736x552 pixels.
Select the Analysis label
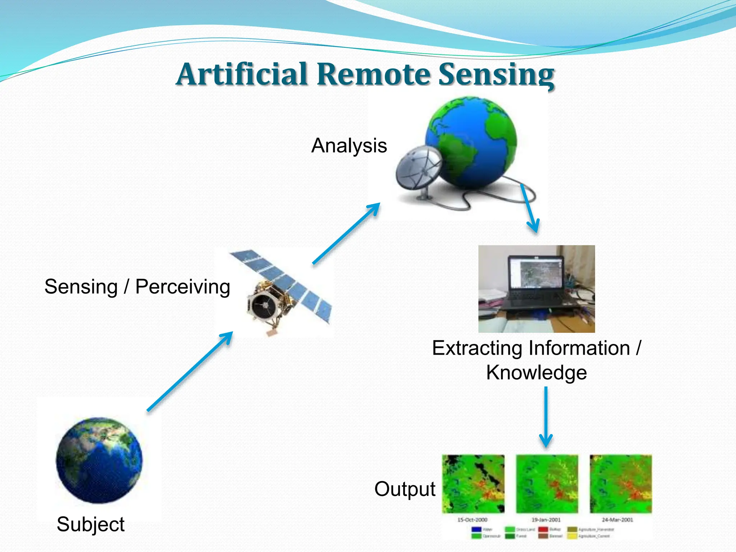pyautogui.click(x=349, y=146)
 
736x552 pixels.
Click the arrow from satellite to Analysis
pyautogui.click(x=346, y=234)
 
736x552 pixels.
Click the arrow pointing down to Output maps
pyautogui.click(x=546, y=417)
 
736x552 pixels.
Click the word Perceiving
pyautogui.click(x=183, y=287)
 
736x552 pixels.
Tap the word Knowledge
pyautogui.click(x=536, y=372)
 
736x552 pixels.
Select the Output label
pyautogui.click(x=405, y=489)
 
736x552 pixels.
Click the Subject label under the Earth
pyautogui.click(x=91, y=524)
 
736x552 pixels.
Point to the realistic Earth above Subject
pyautogui.click(x=99, y=460)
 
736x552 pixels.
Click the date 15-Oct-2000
pyautogui.click(x=472, y=520)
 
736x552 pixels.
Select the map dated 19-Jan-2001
pyautogui.click(x=547, y=484)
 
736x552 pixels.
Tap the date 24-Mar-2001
pyautogui.click(x=617, y=520)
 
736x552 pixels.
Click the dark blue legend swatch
pyautogui.click(x=476, y=529)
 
